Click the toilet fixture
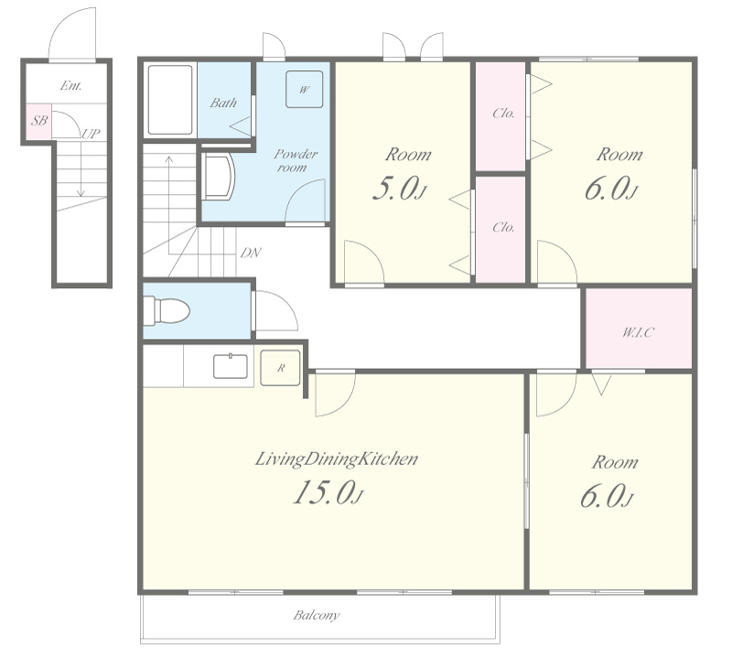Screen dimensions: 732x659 click(x=167, y=311)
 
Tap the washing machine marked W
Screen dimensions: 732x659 click(x=305, y=89)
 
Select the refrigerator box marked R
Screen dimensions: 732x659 click(x=280, y=368)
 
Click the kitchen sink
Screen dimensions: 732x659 click(x=231, y=366)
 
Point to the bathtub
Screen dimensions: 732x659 click(x=170, y=100)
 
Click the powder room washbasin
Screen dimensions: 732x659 click(x=219, y=178)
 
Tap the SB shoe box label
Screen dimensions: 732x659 click(x=39, y=121)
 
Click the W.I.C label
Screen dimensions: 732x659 click(x=638, y=332)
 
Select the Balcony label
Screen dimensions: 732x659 click(x=316, y=615)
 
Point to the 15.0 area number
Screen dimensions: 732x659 click(x=328, y=492)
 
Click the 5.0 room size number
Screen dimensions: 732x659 click(x=400, y=189)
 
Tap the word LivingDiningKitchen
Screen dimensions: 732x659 click(x=336, y=459)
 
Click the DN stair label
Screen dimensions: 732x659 click(x=251, y=254)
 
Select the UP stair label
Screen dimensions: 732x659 click(x=91, y=134)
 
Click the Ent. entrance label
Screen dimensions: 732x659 click(x=71, y=85)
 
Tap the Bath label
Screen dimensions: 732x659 click(x=223, y=103)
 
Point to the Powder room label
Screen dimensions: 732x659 click(x=295, y=160)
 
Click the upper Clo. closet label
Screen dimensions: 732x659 click(x=503, y=113)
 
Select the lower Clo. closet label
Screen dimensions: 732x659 click(x=503, y=227)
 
